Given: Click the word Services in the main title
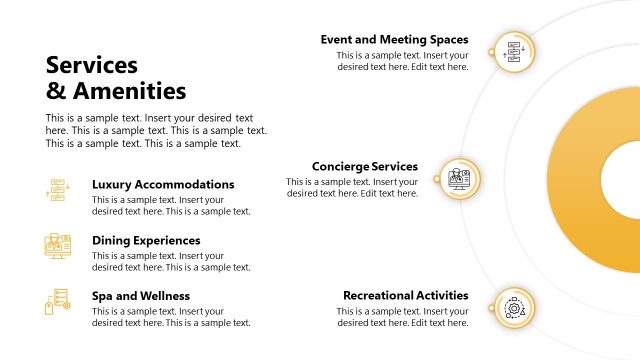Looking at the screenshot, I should [92, 66].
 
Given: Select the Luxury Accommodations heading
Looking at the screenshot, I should [163, 185].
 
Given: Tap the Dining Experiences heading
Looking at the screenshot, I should [146, 241].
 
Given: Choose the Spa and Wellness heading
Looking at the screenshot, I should [141, 296].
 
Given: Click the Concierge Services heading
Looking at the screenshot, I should [364, 167].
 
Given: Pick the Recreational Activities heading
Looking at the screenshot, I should [405, 296].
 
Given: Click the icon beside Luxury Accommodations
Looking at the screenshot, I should [57, 190].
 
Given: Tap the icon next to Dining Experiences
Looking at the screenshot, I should [57, 246].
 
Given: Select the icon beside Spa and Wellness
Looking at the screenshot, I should [57, 301].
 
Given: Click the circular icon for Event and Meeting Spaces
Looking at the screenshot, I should [514, 50].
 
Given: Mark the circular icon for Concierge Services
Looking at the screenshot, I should [459, 179].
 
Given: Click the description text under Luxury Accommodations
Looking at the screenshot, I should [171, 206].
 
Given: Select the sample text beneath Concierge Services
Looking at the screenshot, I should [351, 188].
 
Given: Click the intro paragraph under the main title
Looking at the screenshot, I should [156, 130].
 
